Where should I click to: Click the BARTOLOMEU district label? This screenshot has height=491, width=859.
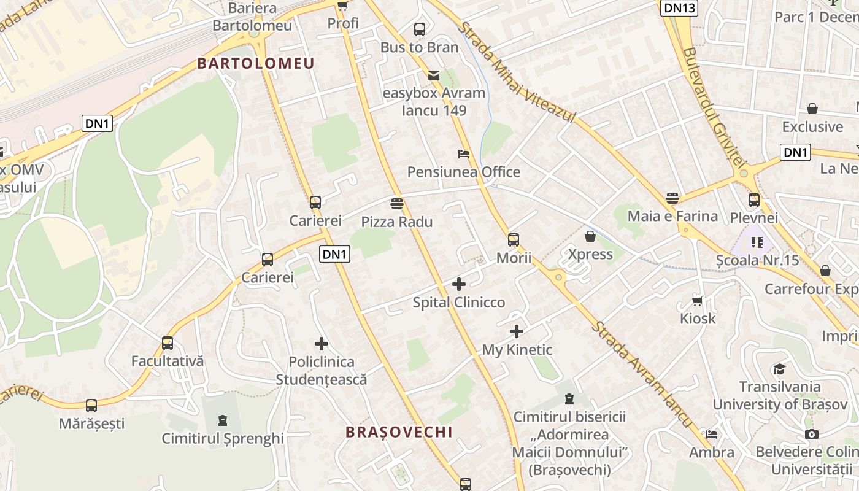coord(255,63)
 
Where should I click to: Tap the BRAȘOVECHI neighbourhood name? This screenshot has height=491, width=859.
coord(399,432)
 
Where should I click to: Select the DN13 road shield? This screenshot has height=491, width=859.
coord(679,7)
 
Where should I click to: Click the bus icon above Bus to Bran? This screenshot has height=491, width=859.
coord(420,29)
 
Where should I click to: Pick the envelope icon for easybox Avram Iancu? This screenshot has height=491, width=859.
coord(434,75)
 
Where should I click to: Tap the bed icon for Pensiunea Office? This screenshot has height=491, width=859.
coord(464,153)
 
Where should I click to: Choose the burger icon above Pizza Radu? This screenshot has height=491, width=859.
coord(396,203)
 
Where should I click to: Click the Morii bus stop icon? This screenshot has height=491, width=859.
coord(514,239)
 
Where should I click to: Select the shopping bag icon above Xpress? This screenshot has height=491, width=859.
coord(590,236)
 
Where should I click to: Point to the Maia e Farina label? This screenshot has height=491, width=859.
coord(672,216)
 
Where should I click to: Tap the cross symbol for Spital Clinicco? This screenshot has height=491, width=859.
coord(458,284)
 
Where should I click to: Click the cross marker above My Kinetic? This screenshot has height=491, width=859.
coord(517,331)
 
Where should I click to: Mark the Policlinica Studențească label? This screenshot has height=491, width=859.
coord(322,371)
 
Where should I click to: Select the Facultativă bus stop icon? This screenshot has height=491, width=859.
coord(168,342)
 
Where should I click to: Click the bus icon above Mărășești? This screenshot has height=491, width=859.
coord(91,405)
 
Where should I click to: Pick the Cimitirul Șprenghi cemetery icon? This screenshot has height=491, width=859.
coord(222,420)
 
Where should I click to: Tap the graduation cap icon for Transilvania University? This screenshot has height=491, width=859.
coord(779,368)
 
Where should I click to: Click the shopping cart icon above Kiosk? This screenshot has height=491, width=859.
coord(698,300)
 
